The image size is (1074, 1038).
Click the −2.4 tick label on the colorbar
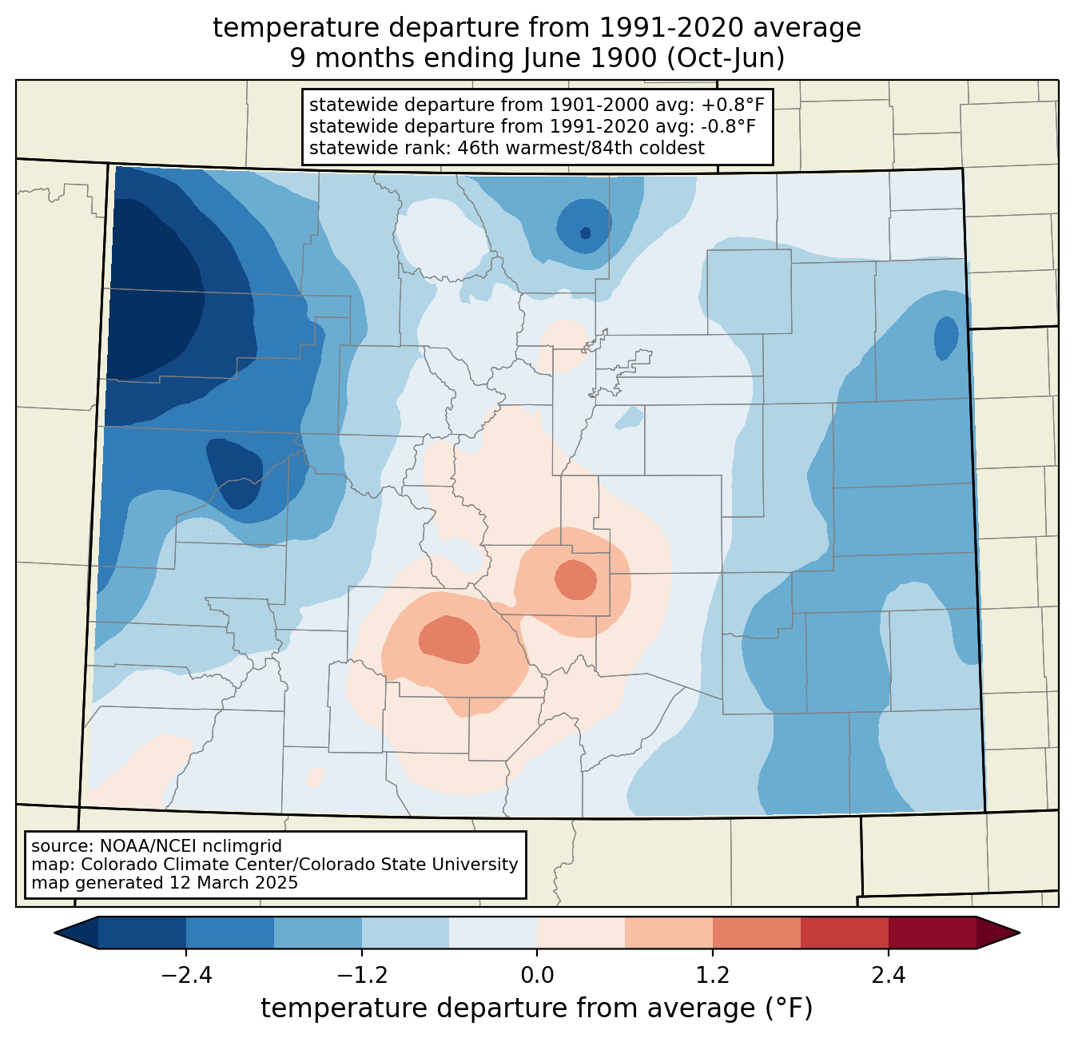[x=186, y=975]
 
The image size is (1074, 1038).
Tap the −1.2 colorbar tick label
[x=362, y=975]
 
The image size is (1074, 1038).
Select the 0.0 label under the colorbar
[x=537, y=975]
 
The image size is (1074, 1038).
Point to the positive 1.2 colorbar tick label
[x=713, y=975]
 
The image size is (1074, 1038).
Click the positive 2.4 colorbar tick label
[x=889, y=975]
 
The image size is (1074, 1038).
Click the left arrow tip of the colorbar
[x=54, y=933]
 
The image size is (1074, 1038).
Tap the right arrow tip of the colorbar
[x=1020, y=933]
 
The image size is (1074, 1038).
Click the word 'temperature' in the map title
[x=288, y=28]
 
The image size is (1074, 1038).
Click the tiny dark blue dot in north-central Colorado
[x=586, y=233]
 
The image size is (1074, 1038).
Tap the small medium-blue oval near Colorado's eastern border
[x=946, y=338]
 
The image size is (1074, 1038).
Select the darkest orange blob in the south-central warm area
[x=449, y=640]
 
